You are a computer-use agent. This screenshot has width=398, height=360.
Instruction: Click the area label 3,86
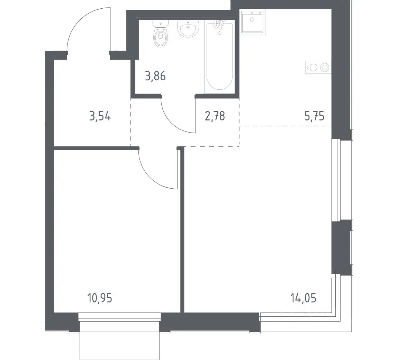[x=155, y=76]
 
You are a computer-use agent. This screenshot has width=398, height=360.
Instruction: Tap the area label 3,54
[x=100, y=117]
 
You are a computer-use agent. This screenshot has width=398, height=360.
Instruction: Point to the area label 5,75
[x=314, y=116]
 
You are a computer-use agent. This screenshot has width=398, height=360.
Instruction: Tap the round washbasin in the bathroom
[x=188, y=28]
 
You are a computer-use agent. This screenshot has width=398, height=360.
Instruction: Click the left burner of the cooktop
[x=314, y=67]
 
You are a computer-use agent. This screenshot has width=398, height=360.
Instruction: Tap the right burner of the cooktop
[x=324, y=67]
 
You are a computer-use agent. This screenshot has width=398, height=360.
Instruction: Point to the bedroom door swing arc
[x=151, y=178]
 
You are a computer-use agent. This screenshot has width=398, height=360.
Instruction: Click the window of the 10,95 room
[x=119, y=316]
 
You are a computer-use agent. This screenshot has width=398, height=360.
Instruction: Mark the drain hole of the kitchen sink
[x=252, y=20]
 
